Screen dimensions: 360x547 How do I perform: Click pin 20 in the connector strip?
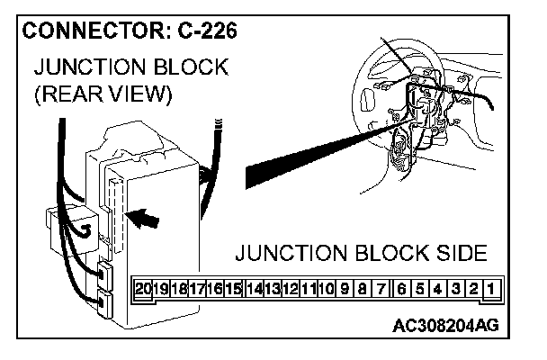143,288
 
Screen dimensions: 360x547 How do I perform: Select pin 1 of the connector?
491,288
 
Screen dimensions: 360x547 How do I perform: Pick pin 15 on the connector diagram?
234,288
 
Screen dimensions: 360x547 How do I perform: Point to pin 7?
381,288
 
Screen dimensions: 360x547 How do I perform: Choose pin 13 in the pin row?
272,288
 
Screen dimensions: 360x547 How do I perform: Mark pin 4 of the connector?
436,288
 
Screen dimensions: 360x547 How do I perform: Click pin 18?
179,288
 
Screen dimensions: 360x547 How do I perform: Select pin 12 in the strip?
290,288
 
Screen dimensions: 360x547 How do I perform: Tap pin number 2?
473,288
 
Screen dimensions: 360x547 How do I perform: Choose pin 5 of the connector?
418,288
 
